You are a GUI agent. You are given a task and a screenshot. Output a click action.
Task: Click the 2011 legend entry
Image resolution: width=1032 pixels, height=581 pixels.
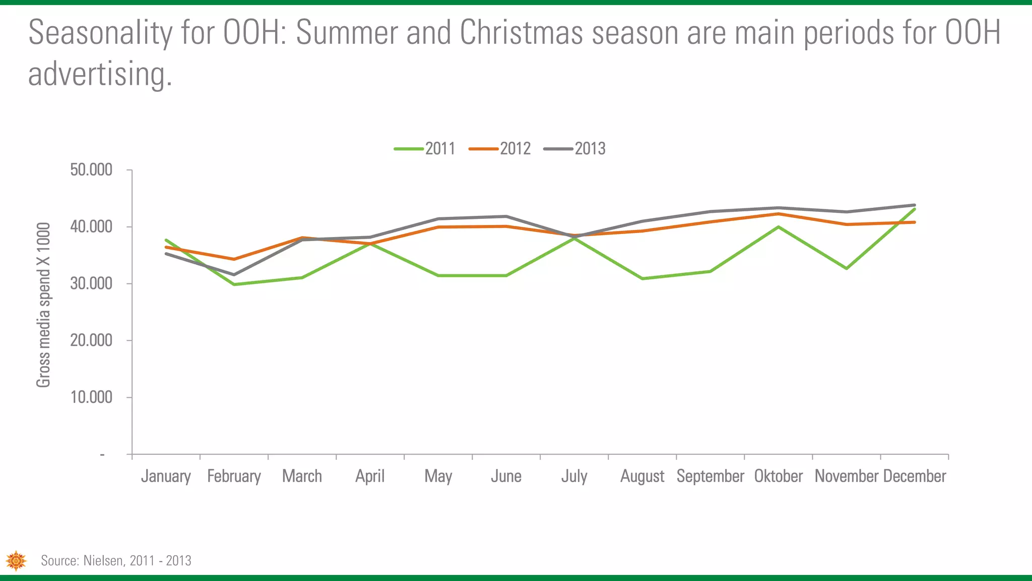pos(425,149)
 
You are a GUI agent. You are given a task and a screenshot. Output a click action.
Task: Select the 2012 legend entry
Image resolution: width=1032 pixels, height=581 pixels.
pos(500,149)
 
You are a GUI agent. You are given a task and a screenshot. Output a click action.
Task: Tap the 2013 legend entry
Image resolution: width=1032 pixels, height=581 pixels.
pos(575,149)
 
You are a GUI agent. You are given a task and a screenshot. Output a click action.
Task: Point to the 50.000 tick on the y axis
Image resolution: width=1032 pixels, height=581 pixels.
pos(91,170)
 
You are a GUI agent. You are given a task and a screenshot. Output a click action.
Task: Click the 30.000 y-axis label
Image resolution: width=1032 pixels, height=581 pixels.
pos(91,284)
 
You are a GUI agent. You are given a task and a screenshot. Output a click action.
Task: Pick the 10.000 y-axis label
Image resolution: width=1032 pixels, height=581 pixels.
pos(91,397)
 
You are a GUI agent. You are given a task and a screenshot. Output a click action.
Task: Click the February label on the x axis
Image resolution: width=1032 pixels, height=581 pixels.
pos(234,476)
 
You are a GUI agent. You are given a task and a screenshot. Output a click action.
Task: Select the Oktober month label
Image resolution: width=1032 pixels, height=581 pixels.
pos(778,476)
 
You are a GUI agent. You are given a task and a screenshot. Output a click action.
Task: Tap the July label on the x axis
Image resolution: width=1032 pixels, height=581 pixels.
pos(574,476)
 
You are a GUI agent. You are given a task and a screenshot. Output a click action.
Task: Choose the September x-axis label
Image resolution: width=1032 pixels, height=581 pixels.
pos(710,476)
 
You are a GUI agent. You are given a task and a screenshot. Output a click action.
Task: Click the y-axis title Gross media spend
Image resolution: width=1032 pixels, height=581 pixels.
pos(44,305)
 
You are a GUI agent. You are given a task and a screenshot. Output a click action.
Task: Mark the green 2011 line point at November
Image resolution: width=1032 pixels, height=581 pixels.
pos(847,268)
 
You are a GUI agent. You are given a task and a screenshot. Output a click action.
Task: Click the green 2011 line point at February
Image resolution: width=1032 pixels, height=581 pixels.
pos(234,284)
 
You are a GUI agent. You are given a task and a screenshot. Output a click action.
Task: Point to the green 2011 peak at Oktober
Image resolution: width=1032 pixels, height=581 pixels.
pos(779,227)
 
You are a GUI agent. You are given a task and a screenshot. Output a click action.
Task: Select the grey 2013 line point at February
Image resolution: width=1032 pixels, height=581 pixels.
pos(234,275)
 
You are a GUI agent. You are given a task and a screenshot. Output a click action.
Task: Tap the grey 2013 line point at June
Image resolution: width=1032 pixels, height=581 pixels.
pos(506,216)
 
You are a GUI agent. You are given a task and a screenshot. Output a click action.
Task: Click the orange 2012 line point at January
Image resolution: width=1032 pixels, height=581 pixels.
pos(166,247)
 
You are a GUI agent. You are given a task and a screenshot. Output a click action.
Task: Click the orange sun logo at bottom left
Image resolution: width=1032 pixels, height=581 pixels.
pos(16,561)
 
